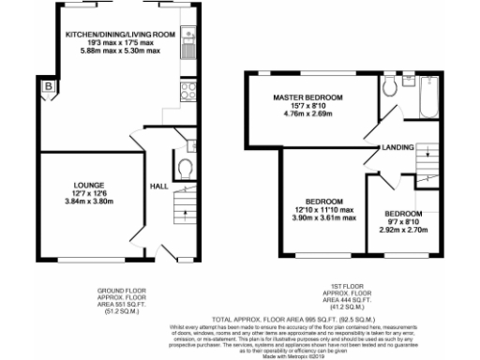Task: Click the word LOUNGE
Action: click(90, 186)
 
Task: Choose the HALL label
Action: click(158, 186)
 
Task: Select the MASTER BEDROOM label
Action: click(307, 97)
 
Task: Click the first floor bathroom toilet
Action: click(391, 88)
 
